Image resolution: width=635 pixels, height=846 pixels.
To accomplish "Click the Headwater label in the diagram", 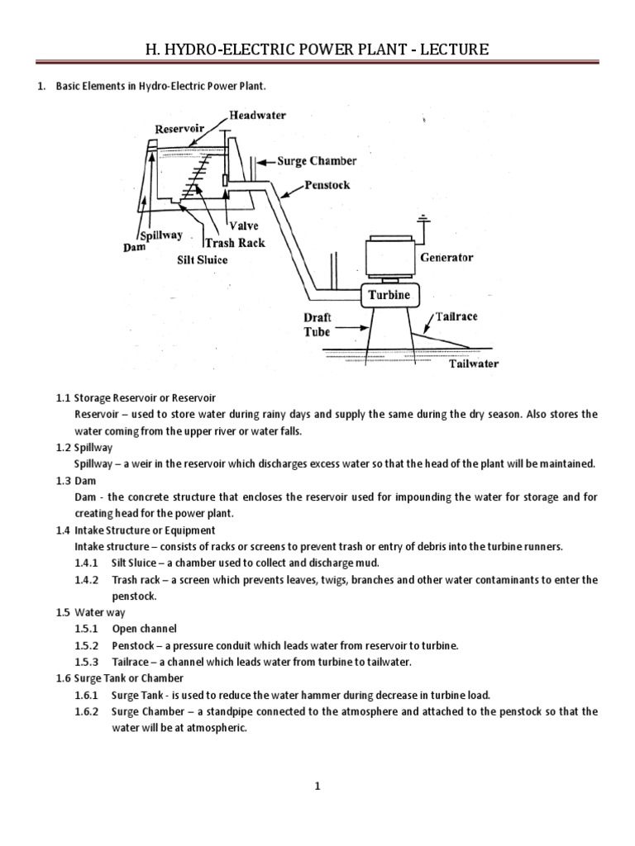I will tap(257, 116).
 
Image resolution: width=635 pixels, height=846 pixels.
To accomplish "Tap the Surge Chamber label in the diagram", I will tap(317, 161).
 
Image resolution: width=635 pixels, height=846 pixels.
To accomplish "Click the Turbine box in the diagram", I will tap(388, 295).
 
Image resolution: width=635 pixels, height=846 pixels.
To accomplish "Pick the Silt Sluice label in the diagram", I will tap(202, 259).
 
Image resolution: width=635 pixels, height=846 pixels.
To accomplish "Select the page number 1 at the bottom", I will tap(317, 786).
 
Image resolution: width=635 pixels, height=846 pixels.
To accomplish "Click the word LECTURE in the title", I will tap(447, 50).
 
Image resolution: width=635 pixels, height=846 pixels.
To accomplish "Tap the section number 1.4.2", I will tap(87, 580).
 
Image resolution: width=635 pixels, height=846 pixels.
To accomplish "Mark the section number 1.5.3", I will tap(87, 662).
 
